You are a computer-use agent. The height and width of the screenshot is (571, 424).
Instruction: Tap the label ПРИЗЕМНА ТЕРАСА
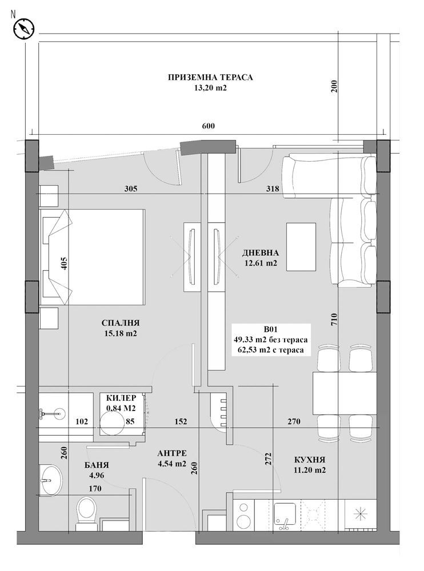point(210,78)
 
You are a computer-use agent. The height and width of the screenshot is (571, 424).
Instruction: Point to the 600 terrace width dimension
point(208,126)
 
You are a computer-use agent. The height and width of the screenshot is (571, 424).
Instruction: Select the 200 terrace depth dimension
point(334,86)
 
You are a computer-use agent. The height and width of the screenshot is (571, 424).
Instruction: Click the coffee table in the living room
point(301,247)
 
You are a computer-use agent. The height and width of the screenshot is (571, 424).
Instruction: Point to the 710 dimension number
point(334,320)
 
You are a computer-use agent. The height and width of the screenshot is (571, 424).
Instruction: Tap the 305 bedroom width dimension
point(131,189)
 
